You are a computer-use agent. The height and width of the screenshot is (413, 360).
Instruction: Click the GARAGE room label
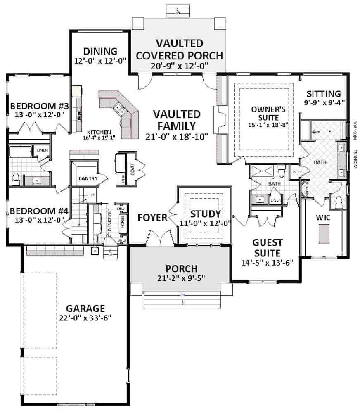[85, 308]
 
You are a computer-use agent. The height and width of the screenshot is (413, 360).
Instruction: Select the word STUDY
[205, 214]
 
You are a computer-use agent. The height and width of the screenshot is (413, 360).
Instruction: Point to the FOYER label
[152, 217]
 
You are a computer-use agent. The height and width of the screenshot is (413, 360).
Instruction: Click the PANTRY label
[88, 179]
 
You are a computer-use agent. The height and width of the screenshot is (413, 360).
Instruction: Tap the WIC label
[323, 217]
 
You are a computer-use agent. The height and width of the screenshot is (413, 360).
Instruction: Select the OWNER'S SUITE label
[269, 113]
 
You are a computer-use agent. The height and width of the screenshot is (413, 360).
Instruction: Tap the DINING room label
[100, 51]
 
